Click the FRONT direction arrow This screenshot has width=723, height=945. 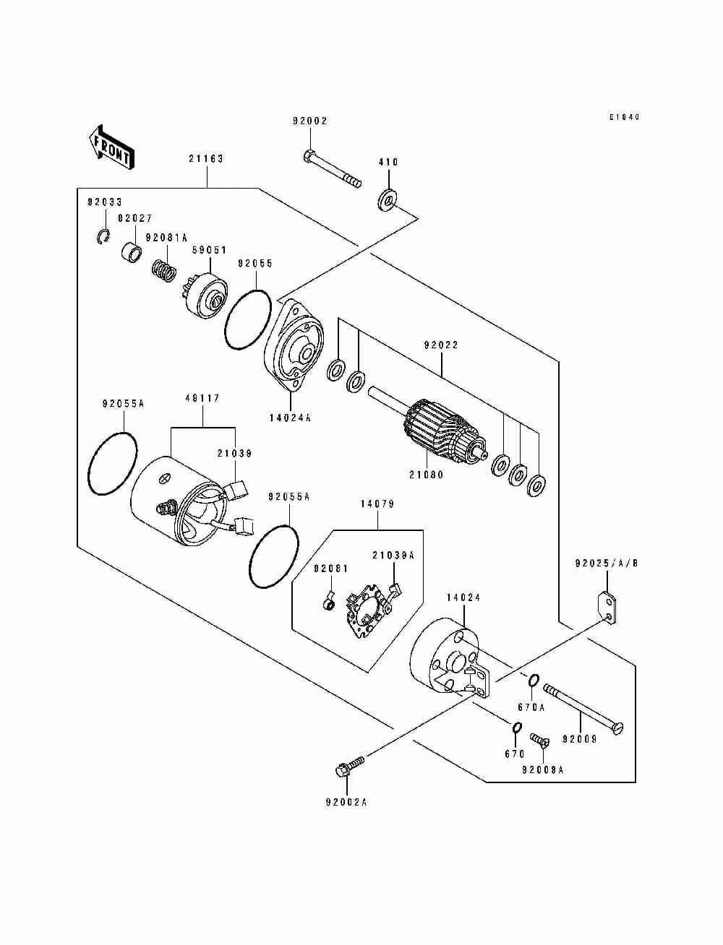(x=111, y=147)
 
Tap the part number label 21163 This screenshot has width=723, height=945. (x=206, y=159)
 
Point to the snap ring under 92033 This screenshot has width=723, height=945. (x=103, y=236)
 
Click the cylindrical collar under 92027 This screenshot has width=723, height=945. (x=131, y=253)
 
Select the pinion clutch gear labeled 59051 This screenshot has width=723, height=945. (x=205, y=295)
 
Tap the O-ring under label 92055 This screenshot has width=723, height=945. (x=248, y=319)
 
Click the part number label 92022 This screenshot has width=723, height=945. (x=441, y=345)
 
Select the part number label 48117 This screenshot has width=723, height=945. (x=202, y=398)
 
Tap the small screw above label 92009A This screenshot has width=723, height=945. (x=539, y=740)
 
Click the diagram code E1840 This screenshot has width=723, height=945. (x=624, y=116)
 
